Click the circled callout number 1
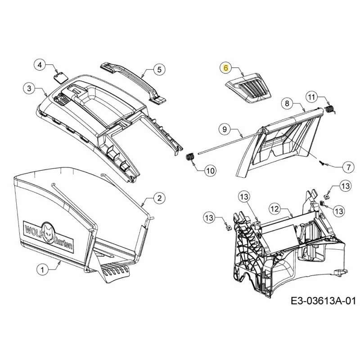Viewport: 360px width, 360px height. point(42,270)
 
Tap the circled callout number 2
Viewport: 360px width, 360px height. point(160,198)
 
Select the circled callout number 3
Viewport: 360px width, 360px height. point(29,88)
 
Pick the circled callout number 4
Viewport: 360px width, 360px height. point(40,65)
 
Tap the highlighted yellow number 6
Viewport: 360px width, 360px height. point(226,68)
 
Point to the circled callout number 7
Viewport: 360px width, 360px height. point(348,167)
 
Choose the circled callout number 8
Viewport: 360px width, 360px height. point(287,103)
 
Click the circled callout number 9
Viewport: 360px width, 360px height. point(225,129)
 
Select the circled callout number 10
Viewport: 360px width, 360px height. point(210,171)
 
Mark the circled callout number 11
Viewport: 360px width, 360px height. point(311,97)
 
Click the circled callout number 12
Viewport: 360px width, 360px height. point(275,209)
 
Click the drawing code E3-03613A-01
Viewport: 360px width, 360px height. point(323,301)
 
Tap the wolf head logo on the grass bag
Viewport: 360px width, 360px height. point(48,232)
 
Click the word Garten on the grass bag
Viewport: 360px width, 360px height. point(63,244)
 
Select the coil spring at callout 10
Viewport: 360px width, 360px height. point(189,157)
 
